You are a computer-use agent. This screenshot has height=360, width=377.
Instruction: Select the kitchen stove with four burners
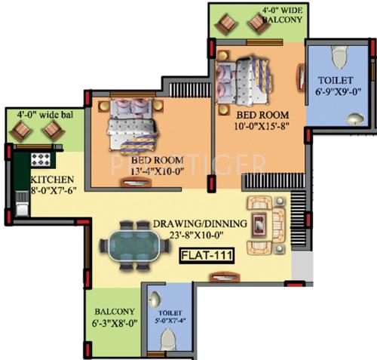(39, 160)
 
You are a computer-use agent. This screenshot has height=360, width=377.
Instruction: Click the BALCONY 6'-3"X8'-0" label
(115, 318)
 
